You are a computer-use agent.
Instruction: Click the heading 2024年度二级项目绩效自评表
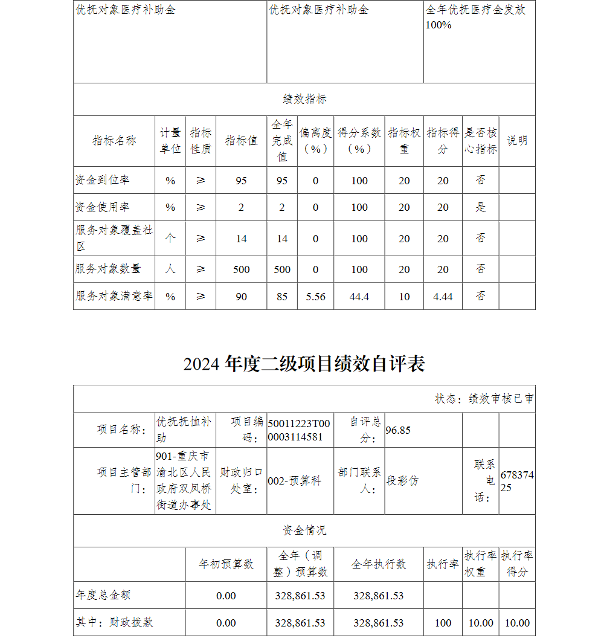tap(304, 364)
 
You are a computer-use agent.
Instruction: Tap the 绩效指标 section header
tap(304, 99)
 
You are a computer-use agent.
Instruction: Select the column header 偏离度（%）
tap(315, 141)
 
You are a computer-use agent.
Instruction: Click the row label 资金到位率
tap(103, 180)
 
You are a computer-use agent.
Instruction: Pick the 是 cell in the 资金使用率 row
tap(480, 207)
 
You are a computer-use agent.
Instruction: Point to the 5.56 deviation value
tap(315, 297)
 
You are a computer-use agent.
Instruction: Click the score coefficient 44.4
tap(359, 297)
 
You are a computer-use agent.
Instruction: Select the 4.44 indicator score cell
tap(443, 297)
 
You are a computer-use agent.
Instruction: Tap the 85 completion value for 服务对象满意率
tap(282, 297)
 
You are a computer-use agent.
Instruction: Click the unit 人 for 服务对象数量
tap(170, 269)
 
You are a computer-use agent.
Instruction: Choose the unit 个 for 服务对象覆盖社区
tap(170, 238)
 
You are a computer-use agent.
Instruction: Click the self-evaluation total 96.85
tap(398, 430)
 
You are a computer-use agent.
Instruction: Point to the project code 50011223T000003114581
tap(299, 430)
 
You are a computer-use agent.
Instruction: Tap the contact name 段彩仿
tap(402, 481)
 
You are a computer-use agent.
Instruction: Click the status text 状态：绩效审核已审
tap(484, 399)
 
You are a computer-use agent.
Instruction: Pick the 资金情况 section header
tap(304, 530)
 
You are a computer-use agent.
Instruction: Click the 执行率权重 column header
tap(480, 564)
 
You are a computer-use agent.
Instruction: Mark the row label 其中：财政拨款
tap(115, 622)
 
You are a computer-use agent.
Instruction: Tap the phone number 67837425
tap(516, 481)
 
